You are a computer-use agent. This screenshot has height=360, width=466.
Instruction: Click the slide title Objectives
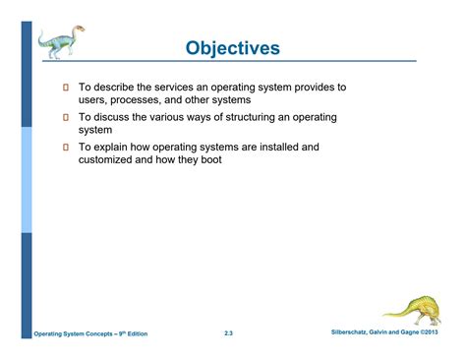pos(233,47)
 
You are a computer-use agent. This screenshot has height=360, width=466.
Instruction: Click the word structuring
pos(250,118)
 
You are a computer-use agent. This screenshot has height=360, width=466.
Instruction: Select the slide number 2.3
pos(228,335)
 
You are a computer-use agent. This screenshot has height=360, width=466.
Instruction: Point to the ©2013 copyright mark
pos(441,334)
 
